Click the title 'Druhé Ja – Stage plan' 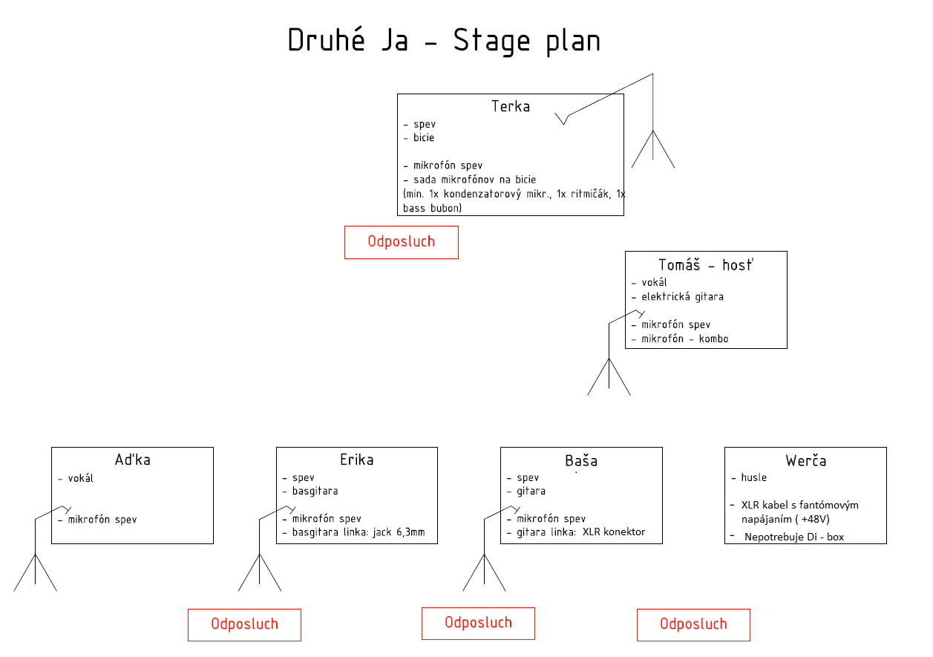(444, 41)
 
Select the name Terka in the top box (511, 106)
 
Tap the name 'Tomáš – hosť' (705, 265)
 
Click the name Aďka (132, 460)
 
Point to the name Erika (356, 460)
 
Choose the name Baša (581, 460)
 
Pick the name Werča (805, 461)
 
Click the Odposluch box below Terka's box (401, 242)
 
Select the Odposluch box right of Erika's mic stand (244, 624)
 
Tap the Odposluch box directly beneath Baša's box (478, 623)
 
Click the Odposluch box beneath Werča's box (693, 624)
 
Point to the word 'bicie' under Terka (424, 138)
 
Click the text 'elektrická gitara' (682, 297)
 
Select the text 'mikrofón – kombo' (685, 339)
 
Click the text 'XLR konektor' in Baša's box (613, 532)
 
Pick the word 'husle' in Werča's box (753, 478)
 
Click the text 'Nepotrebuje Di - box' (794, 537)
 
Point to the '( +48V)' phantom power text (816, 519)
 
